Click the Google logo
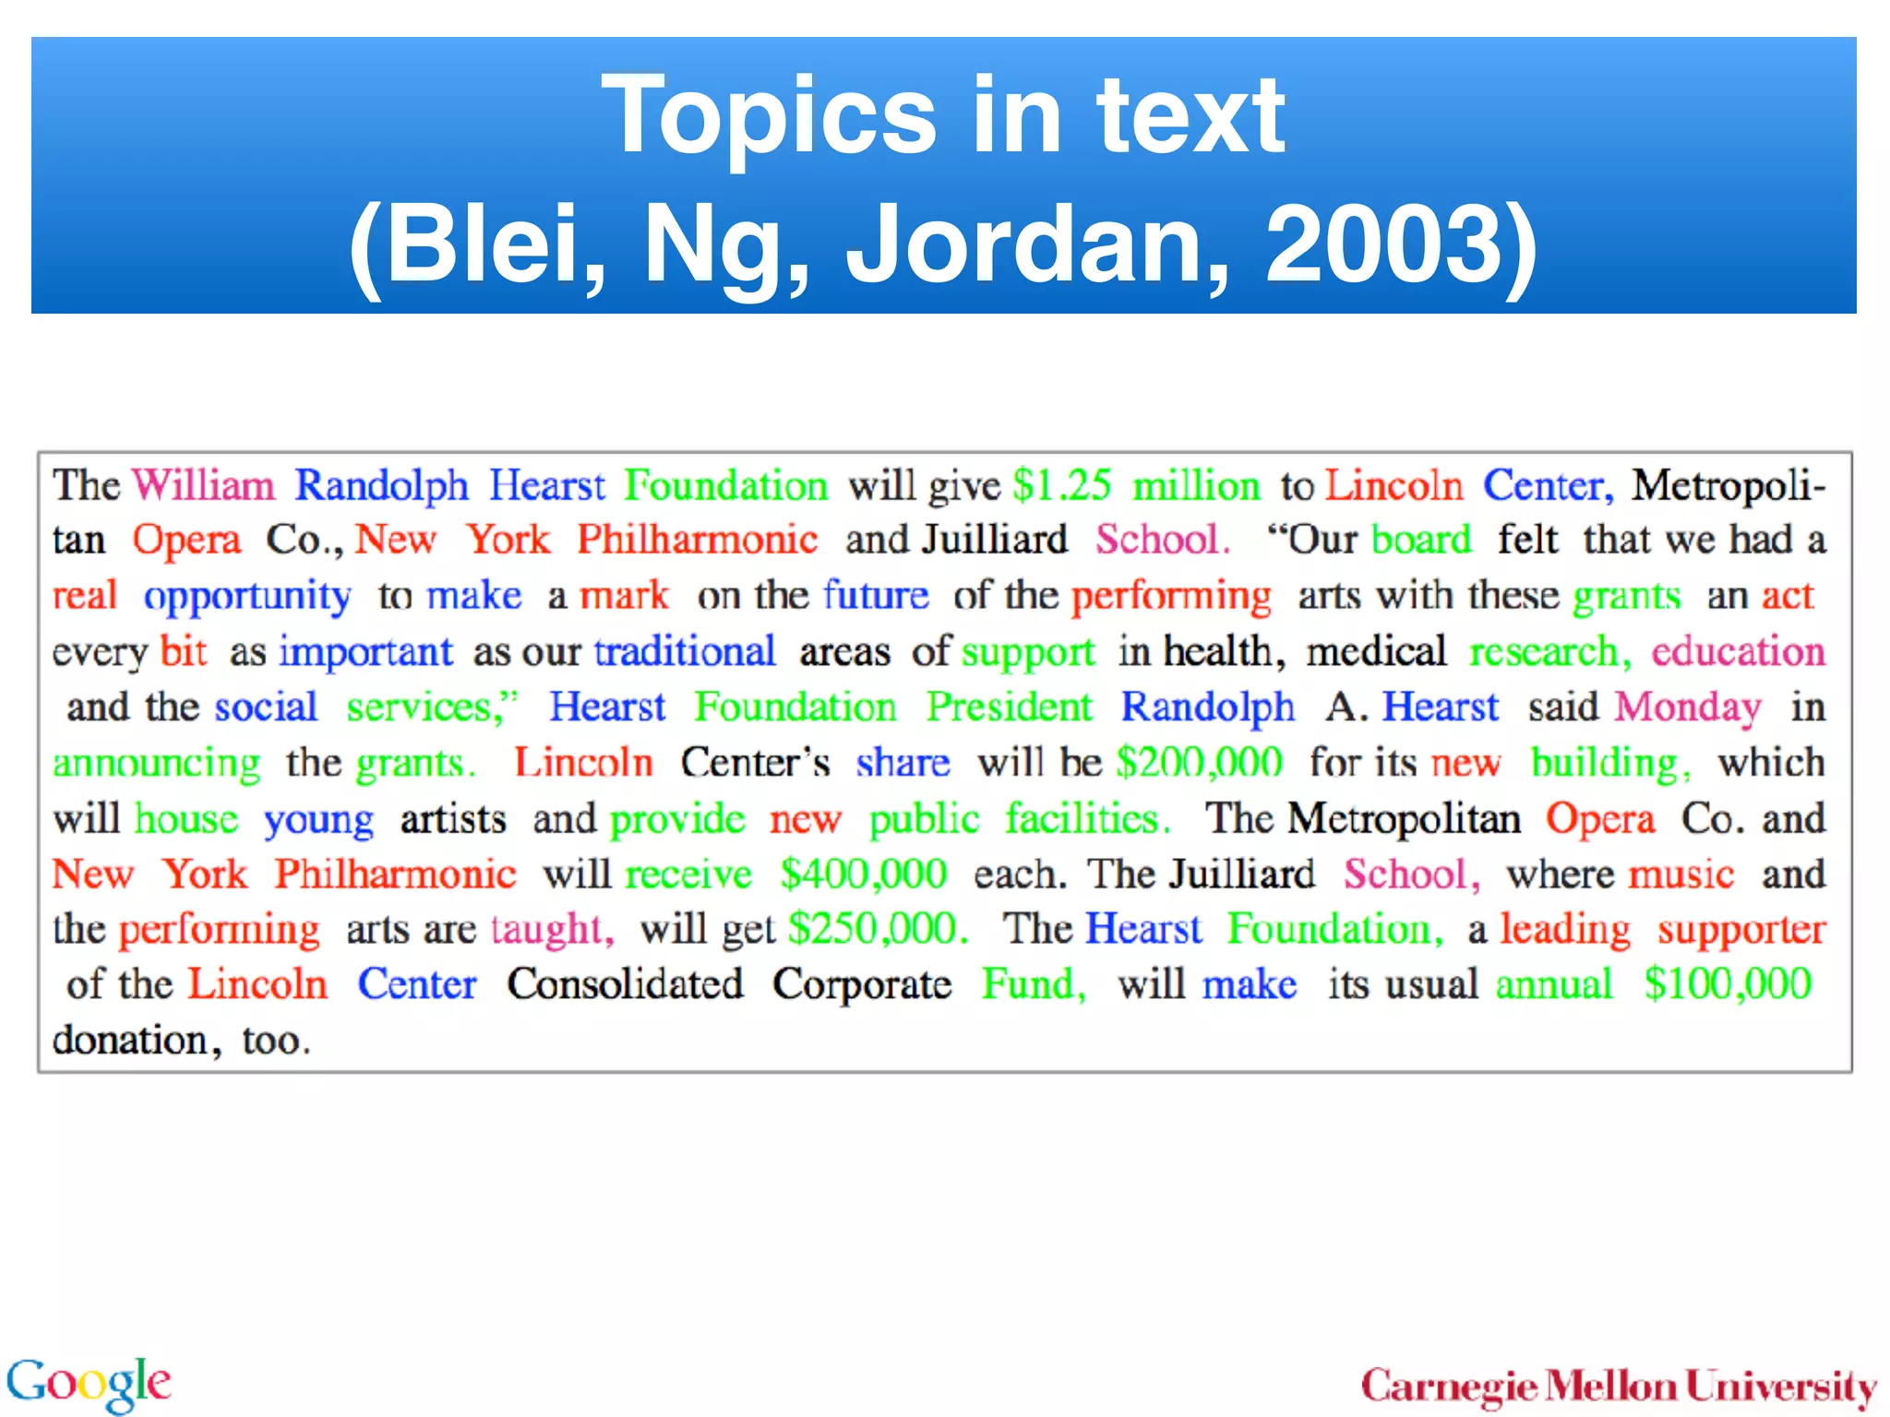click(89, 1383)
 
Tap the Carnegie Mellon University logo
click(1619, 1386)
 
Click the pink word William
click(203, 485)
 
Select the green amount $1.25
click(1061, 485)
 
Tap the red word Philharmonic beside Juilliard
click(698, 540)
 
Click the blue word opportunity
click(247, 597)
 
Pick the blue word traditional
click(685, 651)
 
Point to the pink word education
click(1738, 651)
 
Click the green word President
click(1009, 708)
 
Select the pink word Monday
click(1688, 708)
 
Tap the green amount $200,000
click(1199, 763)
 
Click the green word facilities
click(1086, 819)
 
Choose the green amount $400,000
click(863, 874)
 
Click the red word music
click(1681, 874)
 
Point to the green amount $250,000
click(878, 929)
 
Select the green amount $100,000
click(1728, 984)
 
